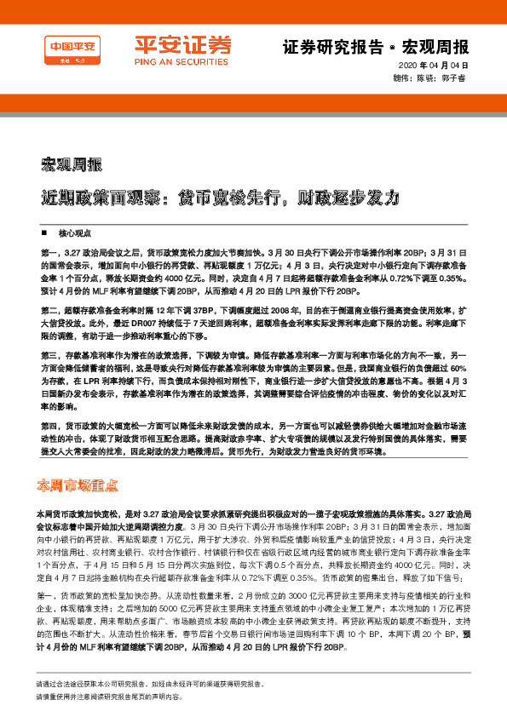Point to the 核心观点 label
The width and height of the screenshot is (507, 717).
pos(75,232)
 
